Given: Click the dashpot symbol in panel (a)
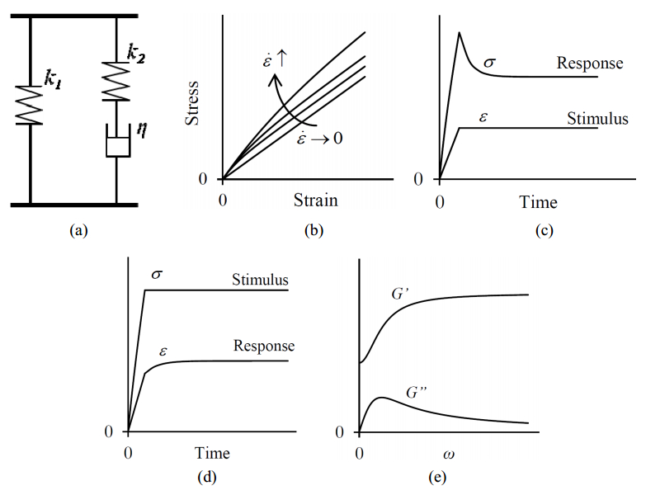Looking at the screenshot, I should point(116,143).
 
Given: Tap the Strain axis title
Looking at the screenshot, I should point(315,200).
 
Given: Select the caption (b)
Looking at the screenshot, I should point(314,231).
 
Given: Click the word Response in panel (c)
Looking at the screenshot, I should point(589,63).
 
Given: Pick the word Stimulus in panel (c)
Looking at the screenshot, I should point(597,119).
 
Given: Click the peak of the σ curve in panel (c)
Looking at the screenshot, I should point(459,32).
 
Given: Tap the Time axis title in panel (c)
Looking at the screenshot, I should point(537,202).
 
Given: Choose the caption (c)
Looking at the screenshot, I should point(543,231).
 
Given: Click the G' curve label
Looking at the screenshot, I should point(402,294).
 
